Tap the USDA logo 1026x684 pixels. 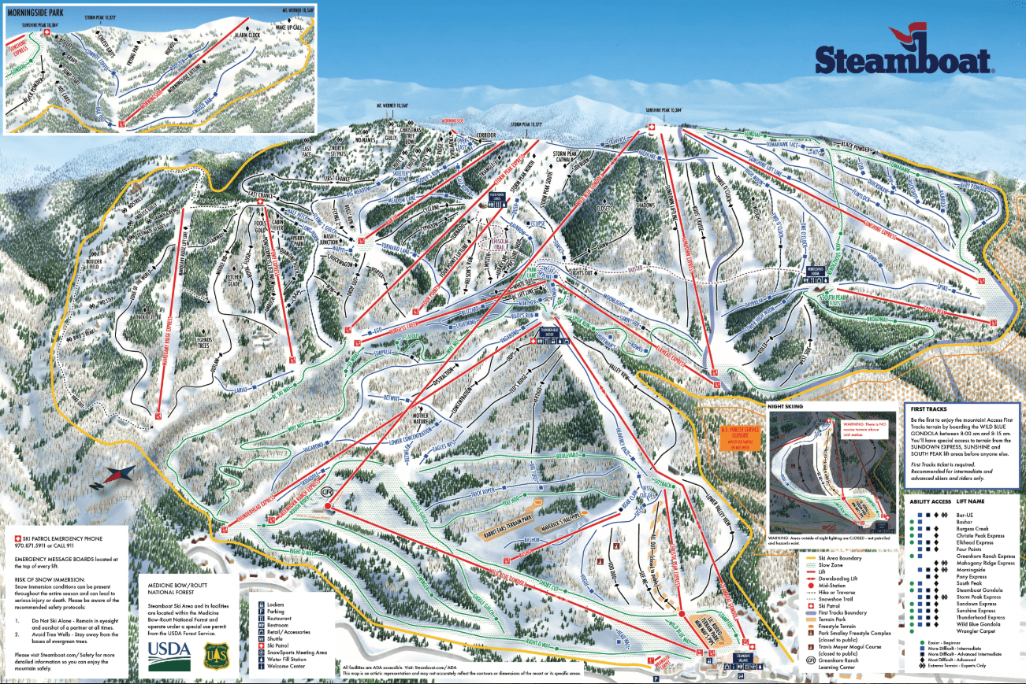[x=169, y=650]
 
